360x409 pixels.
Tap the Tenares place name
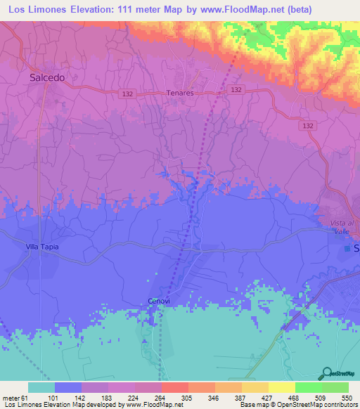(179, 93)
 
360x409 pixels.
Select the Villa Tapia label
(42, 247)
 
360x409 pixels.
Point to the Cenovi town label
(160, 301)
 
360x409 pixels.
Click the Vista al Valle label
(345, 226)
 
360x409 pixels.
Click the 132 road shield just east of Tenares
(236, 90)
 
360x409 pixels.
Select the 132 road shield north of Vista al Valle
(307, 125)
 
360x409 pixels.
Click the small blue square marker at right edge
(347, 249)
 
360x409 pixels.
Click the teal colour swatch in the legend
(41, 387)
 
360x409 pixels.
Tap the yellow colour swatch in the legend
(282, 387)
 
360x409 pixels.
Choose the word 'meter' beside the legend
(11, 396)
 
